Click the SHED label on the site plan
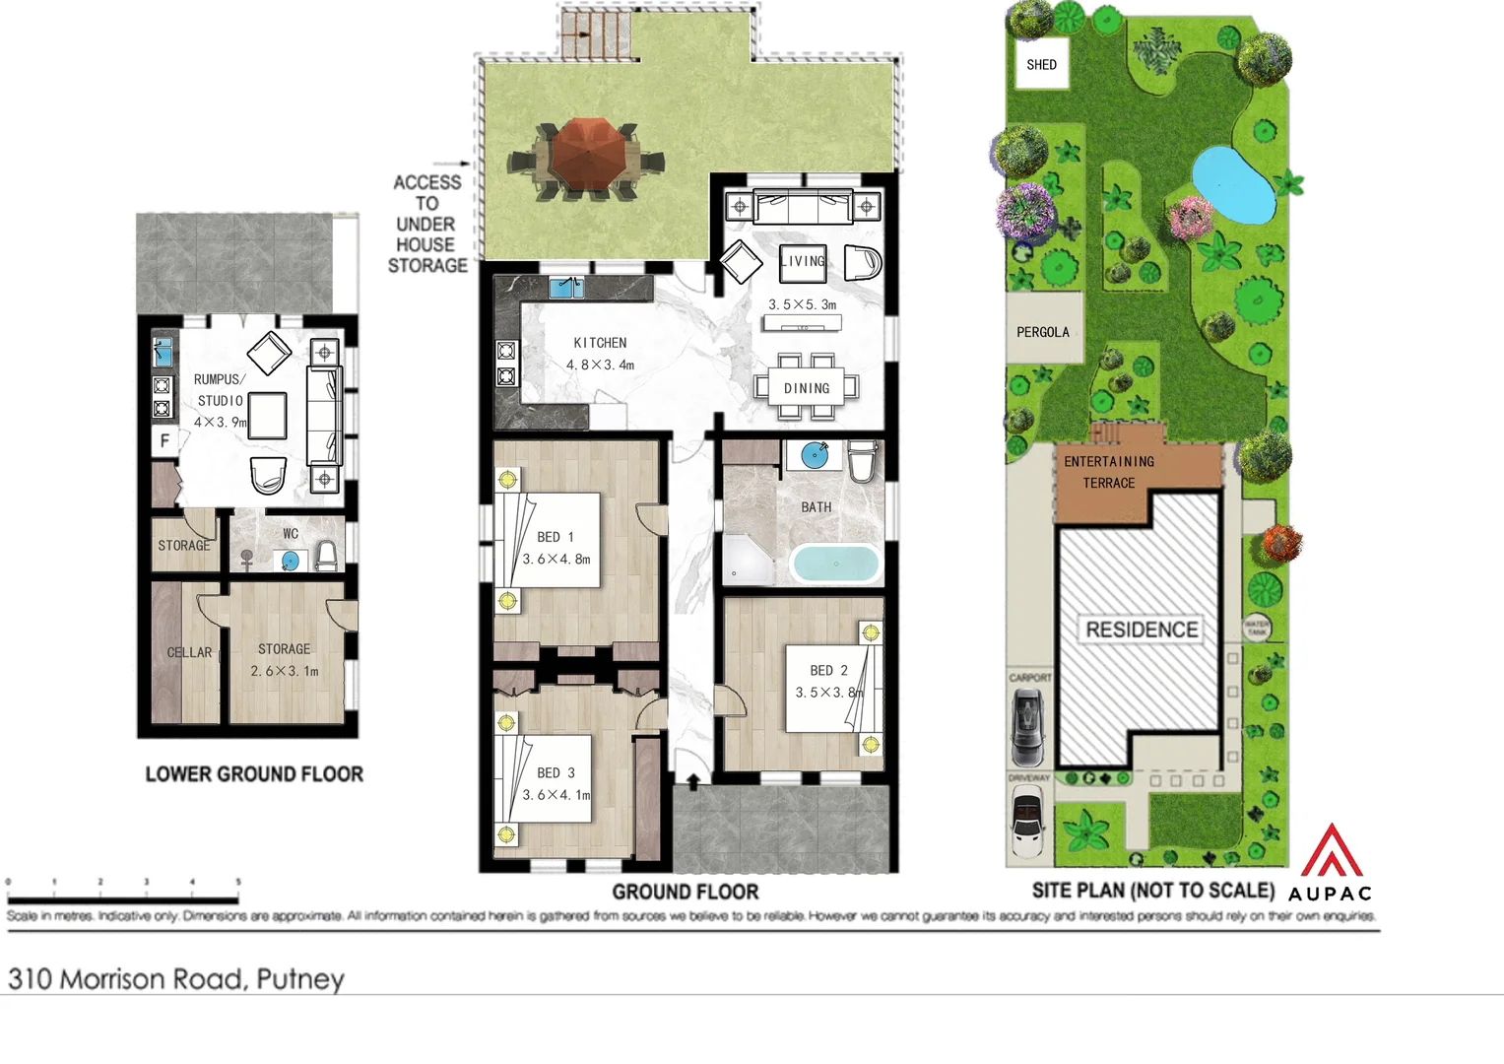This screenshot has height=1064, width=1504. coord(1041,65)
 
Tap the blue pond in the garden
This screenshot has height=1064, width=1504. coord(1231,181)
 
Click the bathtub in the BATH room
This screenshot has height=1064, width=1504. coord(834,565)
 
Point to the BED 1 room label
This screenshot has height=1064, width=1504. coord(556,537)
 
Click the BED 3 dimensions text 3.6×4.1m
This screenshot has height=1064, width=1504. coord(556,794)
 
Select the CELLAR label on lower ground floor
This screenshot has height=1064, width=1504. coord(189,652)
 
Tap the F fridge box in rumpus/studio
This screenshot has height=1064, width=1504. coord(164,440)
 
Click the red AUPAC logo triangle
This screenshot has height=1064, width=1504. coord(1331,851)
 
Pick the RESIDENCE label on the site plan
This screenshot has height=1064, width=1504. coord(1142,630)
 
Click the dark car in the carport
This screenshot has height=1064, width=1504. coord(1027,726)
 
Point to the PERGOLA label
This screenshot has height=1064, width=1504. coord(1042,332)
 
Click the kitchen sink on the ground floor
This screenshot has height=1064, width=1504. coord(565,288)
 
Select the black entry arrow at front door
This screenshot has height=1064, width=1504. coord(692,782)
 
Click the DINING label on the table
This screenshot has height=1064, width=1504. coord(807,388)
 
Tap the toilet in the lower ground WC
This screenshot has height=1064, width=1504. coord(326,557)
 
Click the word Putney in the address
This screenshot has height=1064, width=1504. coord(300,979)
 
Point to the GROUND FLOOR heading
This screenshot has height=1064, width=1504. coord(686,892)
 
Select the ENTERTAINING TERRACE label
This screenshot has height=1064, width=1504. coord(1109,472)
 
